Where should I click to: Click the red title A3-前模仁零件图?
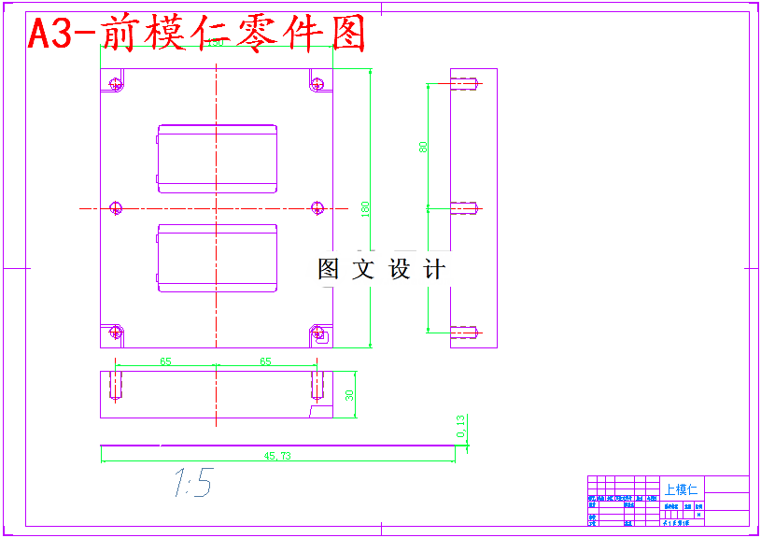coord(195,34)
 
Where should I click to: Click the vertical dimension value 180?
coord(366,208)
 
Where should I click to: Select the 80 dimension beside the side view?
coord(423,147)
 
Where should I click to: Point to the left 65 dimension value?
coord(165,361)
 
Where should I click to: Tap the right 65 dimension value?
coord(265,361)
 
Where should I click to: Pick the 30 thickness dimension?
coord(350,395)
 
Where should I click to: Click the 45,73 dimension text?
coord(278,456)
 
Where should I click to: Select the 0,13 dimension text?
coord(460,427)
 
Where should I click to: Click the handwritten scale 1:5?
coord(192,483)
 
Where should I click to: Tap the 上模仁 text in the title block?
coord(681,488)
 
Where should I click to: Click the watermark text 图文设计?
coord(381,270)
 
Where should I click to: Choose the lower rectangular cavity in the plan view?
coord(218,257)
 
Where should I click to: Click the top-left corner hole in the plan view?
coord(116,84)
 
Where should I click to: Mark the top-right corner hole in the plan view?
coord(317,84)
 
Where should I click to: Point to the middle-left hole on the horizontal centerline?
coord(116,207)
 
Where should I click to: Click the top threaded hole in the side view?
coord(465,84)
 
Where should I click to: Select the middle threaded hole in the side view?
coord(465,207)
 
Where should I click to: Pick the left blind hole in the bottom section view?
coord(116,384)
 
